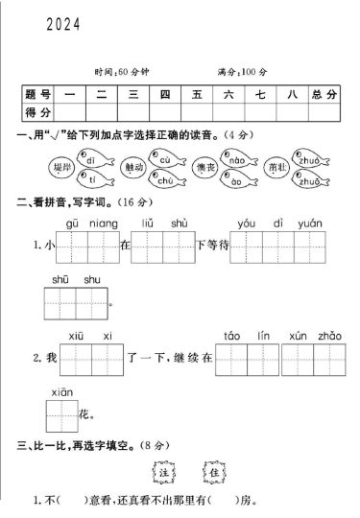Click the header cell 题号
point(38,95)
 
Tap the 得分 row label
point(38,113)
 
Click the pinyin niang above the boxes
point(103,224)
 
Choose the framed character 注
point(161,471)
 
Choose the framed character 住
point(212,471)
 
